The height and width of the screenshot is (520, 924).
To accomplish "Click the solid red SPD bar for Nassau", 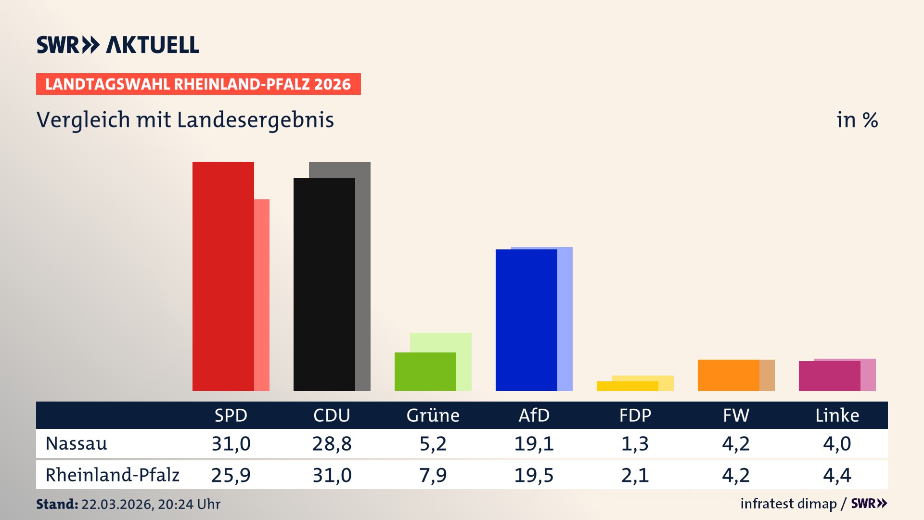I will coord(223,276).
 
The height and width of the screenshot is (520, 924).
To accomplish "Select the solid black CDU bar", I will coord(324,285).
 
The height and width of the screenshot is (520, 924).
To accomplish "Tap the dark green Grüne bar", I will coord(425,372).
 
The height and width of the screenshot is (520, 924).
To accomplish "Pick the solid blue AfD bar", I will coord(526,320).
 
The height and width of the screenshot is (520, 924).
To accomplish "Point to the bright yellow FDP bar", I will coord(627,386).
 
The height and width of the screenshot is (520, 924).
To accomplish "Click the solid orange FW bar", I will coord(728,375).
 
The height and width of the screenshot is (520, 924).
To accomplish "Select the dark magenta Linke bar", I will coord(829,376).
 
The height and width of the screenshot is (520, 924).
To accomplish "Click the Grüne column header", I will coord(433,416).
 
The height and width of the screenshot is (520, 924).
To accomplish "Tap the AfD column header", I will coord(534,416).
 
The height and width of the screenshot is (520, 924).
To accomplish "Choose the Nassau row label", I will coord(77,443).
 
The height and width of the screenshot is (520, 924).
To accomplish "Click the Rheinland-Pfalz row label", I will coord(112,475).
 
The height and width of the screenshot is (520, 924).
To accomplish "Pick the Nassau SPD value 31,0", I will coord(231,443).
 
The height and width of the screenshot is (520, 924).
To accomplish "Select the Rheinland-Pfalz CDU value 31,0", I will coord(332,475).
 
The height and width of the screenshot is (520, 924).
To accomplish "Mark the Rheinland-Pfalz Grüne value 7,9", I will coord(433,475).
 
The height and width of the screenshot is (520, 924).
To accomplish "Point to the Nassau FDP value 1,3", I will coord(635,443).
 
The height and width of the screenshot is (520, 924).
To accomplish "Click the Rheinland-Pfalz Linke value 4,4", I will coord(837,475).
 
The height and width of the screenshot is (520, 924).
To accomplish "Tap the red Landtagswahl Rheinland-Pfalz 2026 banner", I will coord(198,84).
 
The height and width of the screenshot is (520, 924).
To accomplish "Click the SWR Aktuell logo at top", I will coord(118,45).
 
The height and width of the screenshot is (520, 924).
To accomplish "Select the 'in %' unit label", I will coord(857,120).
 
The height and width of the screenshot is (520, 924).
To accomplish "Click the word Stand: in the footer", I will coord(57,504).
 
